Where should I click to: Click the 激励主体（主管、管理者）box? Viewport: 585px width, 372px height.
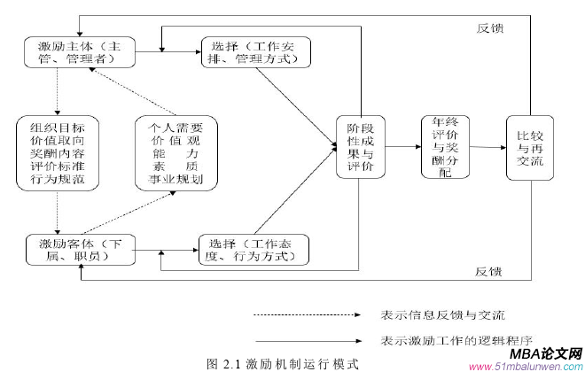[x=81, y=51]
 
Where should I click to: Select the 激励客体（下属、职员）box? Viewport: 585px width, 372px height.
[x=80, y=249]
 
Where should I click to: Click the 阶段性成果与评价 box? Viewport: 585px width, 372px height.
[x=360, y=147]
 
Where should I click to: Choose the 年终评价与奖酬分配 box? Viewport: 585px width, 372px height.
[x=446, y=147]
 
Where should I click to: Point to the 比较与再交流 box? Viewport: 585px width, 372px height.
[x=529, y=147]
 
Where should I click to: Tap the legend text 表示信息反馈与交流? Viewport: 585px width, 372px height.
[x=440, y=315]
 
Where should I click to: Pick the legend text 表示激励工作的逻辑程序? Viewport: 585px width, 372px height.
[x=450, y=340]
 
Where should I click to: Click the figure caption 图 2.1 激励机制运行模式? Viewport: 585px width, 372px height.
[x=282, y=363]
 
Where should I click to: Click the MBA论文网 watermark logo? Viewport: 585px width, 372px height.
[x=530, y=353]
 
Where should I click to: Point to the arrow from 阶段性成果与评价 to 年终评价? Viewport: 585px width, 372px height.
[x=402, y=147]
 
